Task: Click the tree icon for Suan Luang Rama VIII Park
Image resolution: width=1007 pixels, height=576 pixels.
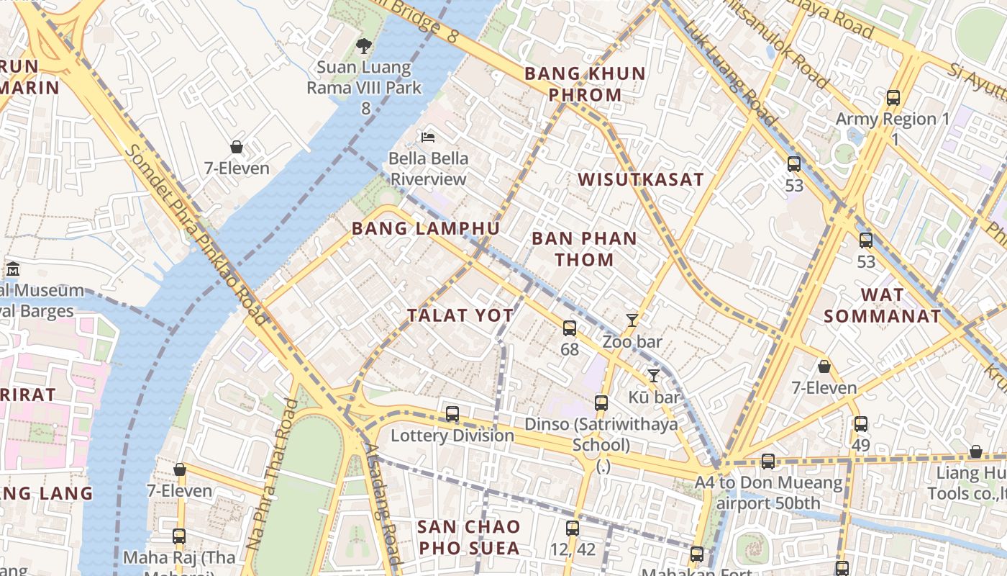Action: pos(364,46)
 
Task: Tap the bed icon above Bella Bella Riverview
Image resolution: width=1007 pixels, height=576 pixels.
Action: pos(428,137)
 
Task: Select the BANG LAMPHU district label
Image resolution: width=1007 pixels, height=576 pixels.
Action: pos(425,229)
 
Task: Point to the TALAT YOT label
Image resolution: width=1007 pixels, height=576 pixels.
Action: pos(460,315)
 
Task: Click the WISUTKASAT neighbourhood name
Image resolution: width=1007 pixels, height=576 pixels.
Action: pos(641,180)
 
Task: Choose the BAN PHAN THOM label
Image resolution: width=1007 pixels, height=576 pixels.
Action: pos(584,249)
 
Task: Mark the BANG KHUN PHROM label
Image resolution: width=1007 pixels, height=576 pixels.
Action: pos(585,84)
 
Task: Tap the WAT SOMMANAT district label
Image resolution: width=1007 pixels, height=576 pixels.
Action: pos(882,305)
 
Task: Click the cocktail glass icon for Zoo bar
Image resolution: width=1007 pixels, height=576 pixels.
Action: pos(632,320)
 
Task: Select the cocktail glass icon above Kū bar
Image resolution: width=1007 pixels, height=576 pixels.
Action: pos(653,376)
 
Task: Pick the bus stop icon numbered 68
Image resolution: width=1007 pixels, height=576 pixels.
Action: pos(570,328)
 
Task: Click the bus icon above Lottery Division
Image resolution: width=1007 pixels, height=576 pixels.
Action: pos(452,414)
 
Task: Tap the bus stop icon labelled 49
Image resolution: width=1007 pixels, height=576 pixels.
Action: pos(861,424)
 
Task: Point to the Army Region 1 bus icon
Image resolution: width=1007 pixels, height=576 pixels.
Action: pos(893,98)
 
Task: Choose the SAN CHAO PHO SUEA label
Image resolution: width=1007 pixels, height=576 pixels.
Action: pos(468,537)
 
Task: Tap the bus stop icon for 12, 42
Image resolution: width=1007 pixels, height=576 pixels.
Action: pos(573,528)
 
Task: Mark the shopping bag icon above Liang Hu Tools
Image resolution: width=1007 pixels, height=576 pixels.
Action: pos(976,451)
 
